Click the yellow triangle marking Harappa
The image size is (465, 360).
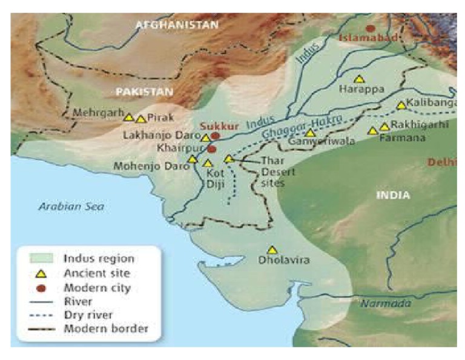(359, 79)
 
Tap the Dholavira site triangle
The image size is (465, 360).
(272, 250)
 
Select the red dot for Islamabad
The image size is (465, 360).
(370, 28)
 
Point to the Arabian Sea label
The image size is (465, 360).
(71, 207)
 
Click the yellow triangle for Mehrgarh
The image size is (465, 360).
(128, 117)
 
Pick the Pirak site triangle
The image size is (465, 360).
(141, 119)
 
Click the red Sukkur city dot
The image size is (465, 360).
(215, 136)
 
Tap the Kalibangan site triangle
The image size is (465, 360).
(401, 105)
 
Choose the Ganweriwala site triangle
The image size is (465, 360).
(309, 133)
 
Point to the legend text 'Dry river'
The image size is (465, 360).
(87, 315)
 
